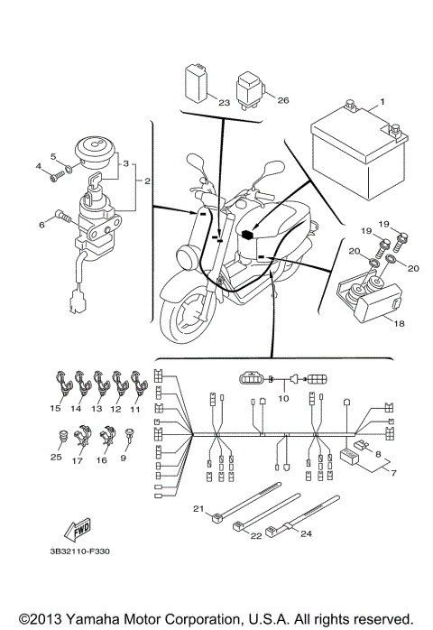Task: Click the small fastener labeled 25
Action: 60,440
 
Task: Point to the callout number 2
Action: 145,181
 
